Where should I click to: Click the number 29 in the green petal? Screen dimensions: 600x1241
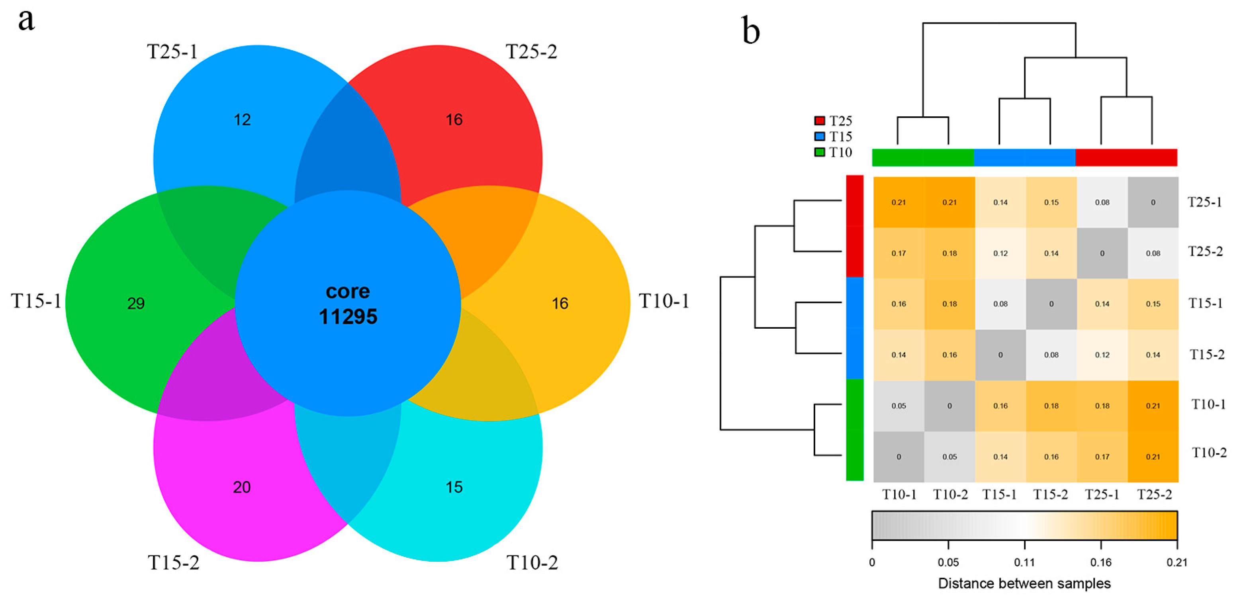[136, 303]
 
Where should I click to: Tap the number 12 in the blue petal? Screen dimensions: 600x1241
[242, 120]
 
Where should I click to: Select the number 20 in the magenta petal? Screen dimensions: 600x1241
[242, 487]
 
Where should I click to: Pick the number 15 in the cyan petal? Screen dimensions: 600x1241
[454, 487]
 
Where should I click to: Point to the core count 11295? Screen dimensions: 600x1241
[348, 317]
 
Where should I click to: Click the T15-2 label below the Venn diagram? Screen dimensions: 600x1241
[173, 563]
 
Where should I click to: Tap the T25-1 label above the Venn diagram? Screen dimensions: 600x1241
[172, 51]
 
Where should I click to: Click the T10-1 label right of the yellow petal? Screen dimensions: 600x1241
[664, 301]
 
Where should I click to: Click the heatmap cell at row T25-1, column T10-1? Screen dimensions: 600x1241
[898, 202]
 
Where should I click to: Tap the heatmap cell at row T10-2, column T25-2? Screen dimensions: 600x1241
[1153, 457]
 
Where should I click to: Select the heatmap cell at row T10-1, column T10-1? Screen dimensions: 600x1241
[898, 406]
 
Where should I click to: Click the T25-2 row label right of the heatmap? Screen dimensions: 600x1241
[1205, 251]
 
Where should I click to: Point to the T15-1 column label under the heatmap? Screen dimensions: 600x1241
[1000, 494]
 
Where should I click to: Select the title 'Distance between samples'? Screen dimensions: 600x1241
[1024, 584]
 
